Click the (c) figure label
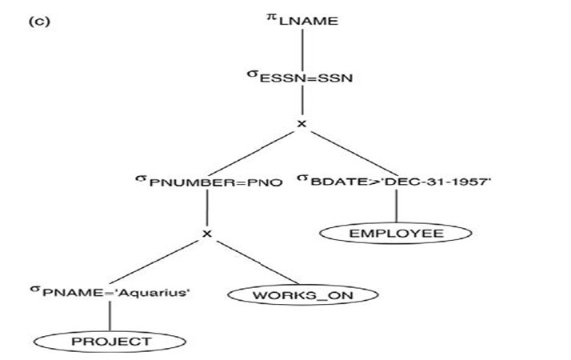point(39,21)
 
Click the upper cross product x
point(301,124)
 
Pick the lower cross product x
point(207,234)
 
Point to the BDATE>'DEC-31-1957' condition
point(400,182)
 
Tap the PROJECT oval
point(110,342)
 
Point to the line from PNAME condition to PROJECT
point(110,317)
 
